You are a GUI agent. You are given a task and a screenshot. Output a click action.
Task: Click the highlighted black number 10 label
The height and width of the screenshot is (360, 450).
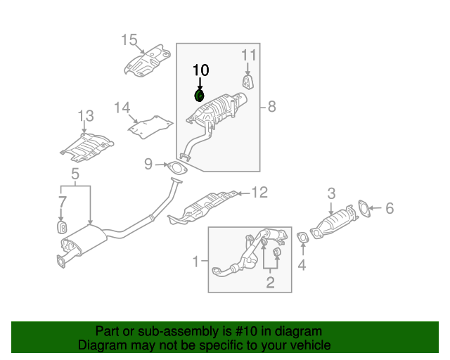tap(200, 70)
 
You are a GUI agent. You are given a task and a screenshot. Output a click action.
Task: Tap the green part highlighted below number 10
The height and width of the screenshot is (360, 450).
tap(199, 95)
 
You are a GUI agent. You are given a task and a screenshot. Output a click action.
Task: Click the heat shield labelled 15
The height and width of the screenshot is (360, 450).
tap(148, 64)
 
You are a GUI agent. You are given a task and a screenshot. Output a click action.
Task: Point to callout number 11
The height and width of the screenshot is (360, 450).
tap(249, 55)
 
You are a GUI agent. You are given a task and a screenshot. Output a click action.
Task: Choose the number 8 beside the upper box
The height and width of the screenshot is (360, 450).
tap(271, 107)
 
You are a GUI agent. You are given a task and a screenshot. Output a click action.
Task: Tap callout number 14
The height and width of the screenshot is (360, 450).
tap(122, 108)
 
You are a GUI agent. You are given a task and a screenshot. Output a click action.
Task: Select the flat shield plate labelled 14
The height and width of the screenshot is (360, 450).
tap(150, 127)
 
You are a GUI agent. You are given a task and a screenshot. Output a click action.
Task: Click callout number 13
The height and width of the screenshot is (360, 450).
tap(84, 115)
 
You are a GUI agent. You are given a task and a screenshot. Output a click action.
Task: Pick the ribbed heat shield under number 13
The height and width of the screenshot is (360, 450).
tap(86, 146)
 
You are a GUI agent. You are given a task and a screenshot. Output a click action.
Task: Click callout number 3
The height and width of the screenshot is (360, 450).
tap(331, 192)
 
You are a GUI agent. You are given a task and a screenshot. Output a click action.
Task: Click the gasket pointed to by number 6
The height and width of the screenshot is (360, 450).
tap(364, 208)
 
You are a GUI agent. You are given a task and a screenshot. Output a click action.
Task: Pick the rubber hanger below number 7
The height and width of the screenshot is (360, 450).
tap(61, 228)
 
